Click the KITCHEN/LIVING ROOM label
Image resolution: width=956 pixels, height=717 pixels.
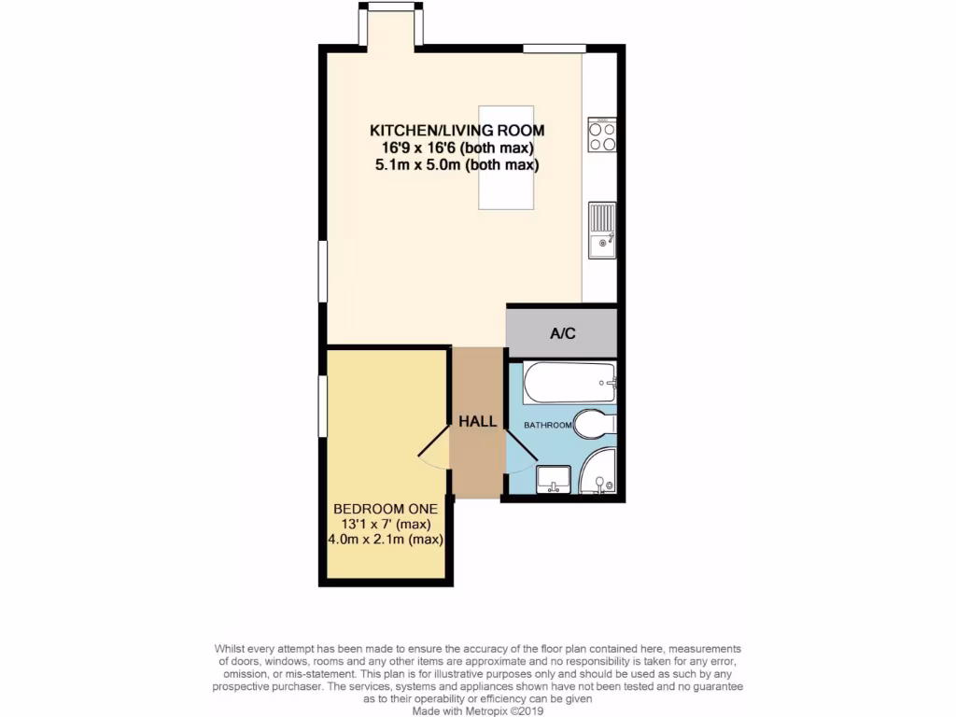[x=457, y=131]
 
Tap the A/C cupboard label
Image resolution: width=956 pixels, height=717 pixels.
[x=561, y=333]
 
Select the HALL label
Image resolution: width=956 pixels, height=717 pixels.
[x=477, y=422]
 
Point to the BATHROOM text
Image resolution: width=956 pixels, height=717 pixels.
[x=547, y=425]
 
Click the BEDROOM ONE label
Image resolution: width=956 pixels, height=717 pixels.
[x=385, y=509]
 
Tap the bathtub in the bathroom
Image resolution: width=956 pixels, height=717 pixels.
[x=569, y=383]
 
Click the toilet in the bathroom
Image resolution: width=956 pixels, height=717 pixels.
[x=594, y=425]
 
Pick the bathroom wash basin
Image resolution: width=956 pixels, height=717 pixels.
[x=554, y=480]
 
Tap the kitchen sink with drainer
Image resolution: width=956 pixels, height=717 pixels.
[x=602, y=231]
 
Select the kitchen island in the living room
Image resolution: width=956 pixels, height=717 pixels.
[x=506, y=157]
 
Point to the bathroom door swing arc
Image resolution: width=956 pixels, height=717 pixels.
[x=519, y=457]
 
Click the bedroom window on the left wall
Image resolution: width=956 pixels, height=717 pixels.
[x=323, y=405]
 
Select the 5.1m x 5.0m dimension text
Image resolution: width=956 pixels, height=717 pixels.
[x=457, y=165]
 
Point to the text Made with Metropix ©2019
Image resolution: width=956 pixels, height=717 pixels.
[x=478, y=710]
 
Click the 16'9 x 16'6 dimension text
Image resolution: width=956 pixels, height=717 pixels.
[x=457, y=148]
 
